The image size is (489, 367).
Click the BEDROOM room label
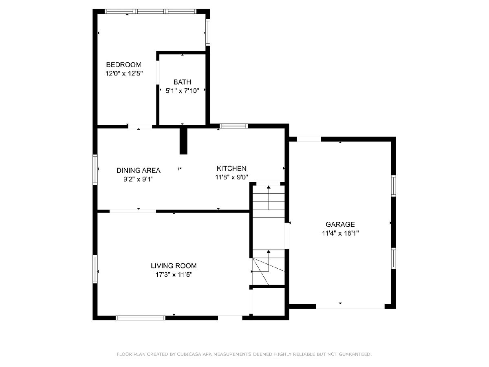click(x=123, y=65)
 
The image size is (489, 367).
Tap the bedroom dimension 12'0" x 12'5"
click(x=124, y=73)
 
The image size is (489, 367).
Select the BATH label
click(x=182, y=82)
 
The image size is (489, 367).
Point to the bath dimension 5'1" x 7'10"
click(x=182, y=91)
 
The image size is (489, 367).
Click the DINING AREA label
click(x=138, y=170)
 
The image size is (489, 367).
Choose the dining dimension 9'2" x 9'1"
click(x=139, y=179)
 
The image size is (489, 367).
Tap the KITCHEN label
click(x=232, y=168)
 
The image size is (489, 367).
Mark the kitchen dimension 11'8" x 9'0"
click(x=232, y=177)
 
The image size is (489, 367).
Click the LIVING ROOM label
click(x=174, y=266)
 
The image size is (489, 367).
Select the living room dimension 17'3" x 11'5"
click(x=174, y=275)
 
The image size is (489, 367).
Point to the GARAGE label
click(x=340, y=224)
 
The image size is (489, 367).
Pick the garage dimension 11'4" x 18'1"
click(x=340, y=233)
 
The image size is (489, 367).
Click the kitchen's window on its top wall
click(x=233, y=126)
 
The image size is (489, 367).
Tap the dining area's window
click(x=95, y=170)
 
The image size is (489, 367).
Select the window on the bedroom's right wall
click(x=208, y=32)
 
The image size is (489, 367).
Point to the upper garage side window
click(x=394, y=186)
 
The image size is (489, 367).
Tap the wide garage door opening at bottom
click(x=350, y=306)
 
